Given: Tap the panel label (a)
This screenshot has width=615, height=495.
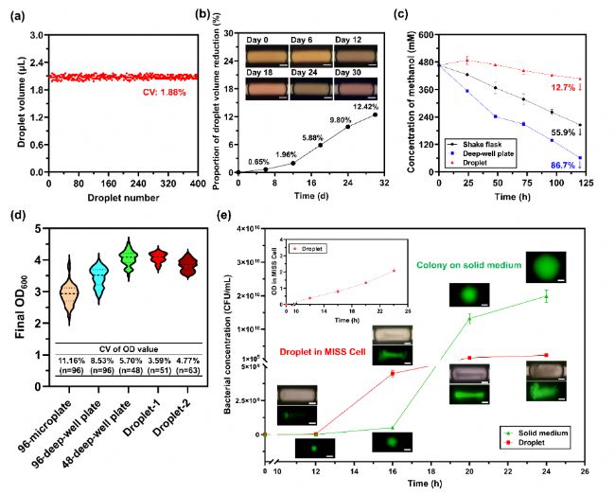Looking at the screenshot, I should click(14, 12).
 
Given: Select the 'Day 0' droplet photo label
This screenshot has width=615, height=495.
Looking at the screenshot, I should click(260, 39).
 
